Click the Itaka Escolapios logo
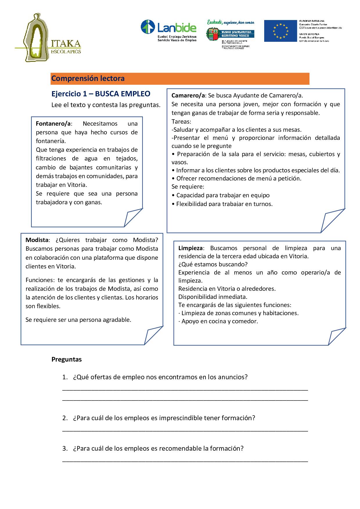pos(48,38)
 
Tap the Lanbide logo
pos(168,30)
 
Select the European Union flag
pos(280,31)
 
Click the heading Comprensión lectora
pos(88,78)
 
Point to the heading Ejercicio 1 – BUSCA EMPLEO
pos(101,94)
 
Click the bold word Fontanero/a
pos(53,124)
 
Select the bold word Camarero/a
pos(188,95)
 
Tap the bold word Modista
pos(37,240)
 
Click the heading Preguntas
pos(66,359)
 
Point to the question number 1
pos(64,377)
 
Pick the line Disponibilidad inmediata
pos(213,297)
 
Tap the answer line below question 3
pos(185,461)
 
